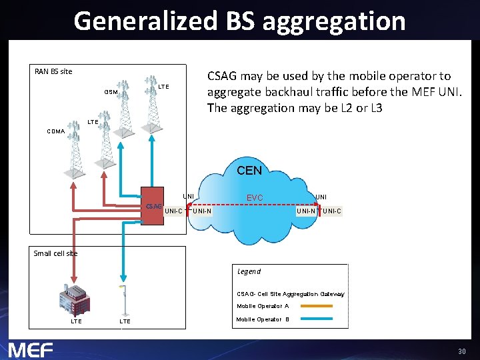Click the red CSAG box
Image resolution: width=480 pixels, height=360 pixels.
click(x=152, y=205)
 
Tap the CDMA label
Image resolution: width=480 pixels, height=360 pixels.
click(x=56, y=131)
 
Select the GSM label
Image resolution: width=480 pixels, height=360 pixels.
click(x=111, y=92)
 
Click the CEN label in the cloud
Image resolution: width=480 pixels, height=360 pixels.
click(x=249, y=171)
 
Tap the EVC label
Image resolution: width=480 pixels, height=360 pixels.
click(x=255, y=198)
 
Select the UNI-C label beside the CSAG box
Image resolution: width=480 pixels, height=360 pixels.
click(x=174, y=211)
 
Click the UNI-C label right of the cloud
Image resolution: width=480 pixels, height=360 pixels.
click(x=331, y=211)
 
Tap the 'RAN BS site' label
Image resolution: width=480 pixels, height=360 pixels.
click(x=53, y=71)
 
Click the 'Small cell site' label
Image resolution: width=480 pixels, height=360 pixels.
click(x=55, y=253)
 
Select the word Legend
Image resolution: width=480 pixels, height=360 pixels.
click(x=249, y=271)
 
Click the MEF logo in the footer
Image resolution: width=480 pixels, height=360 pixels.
click(x=31, y=349)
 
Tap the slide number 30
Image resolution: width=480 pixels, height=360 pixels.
click(x=461, y=351)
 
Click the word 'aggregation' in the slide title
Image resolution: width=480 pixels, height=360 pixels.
click(x=334, y=21)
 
